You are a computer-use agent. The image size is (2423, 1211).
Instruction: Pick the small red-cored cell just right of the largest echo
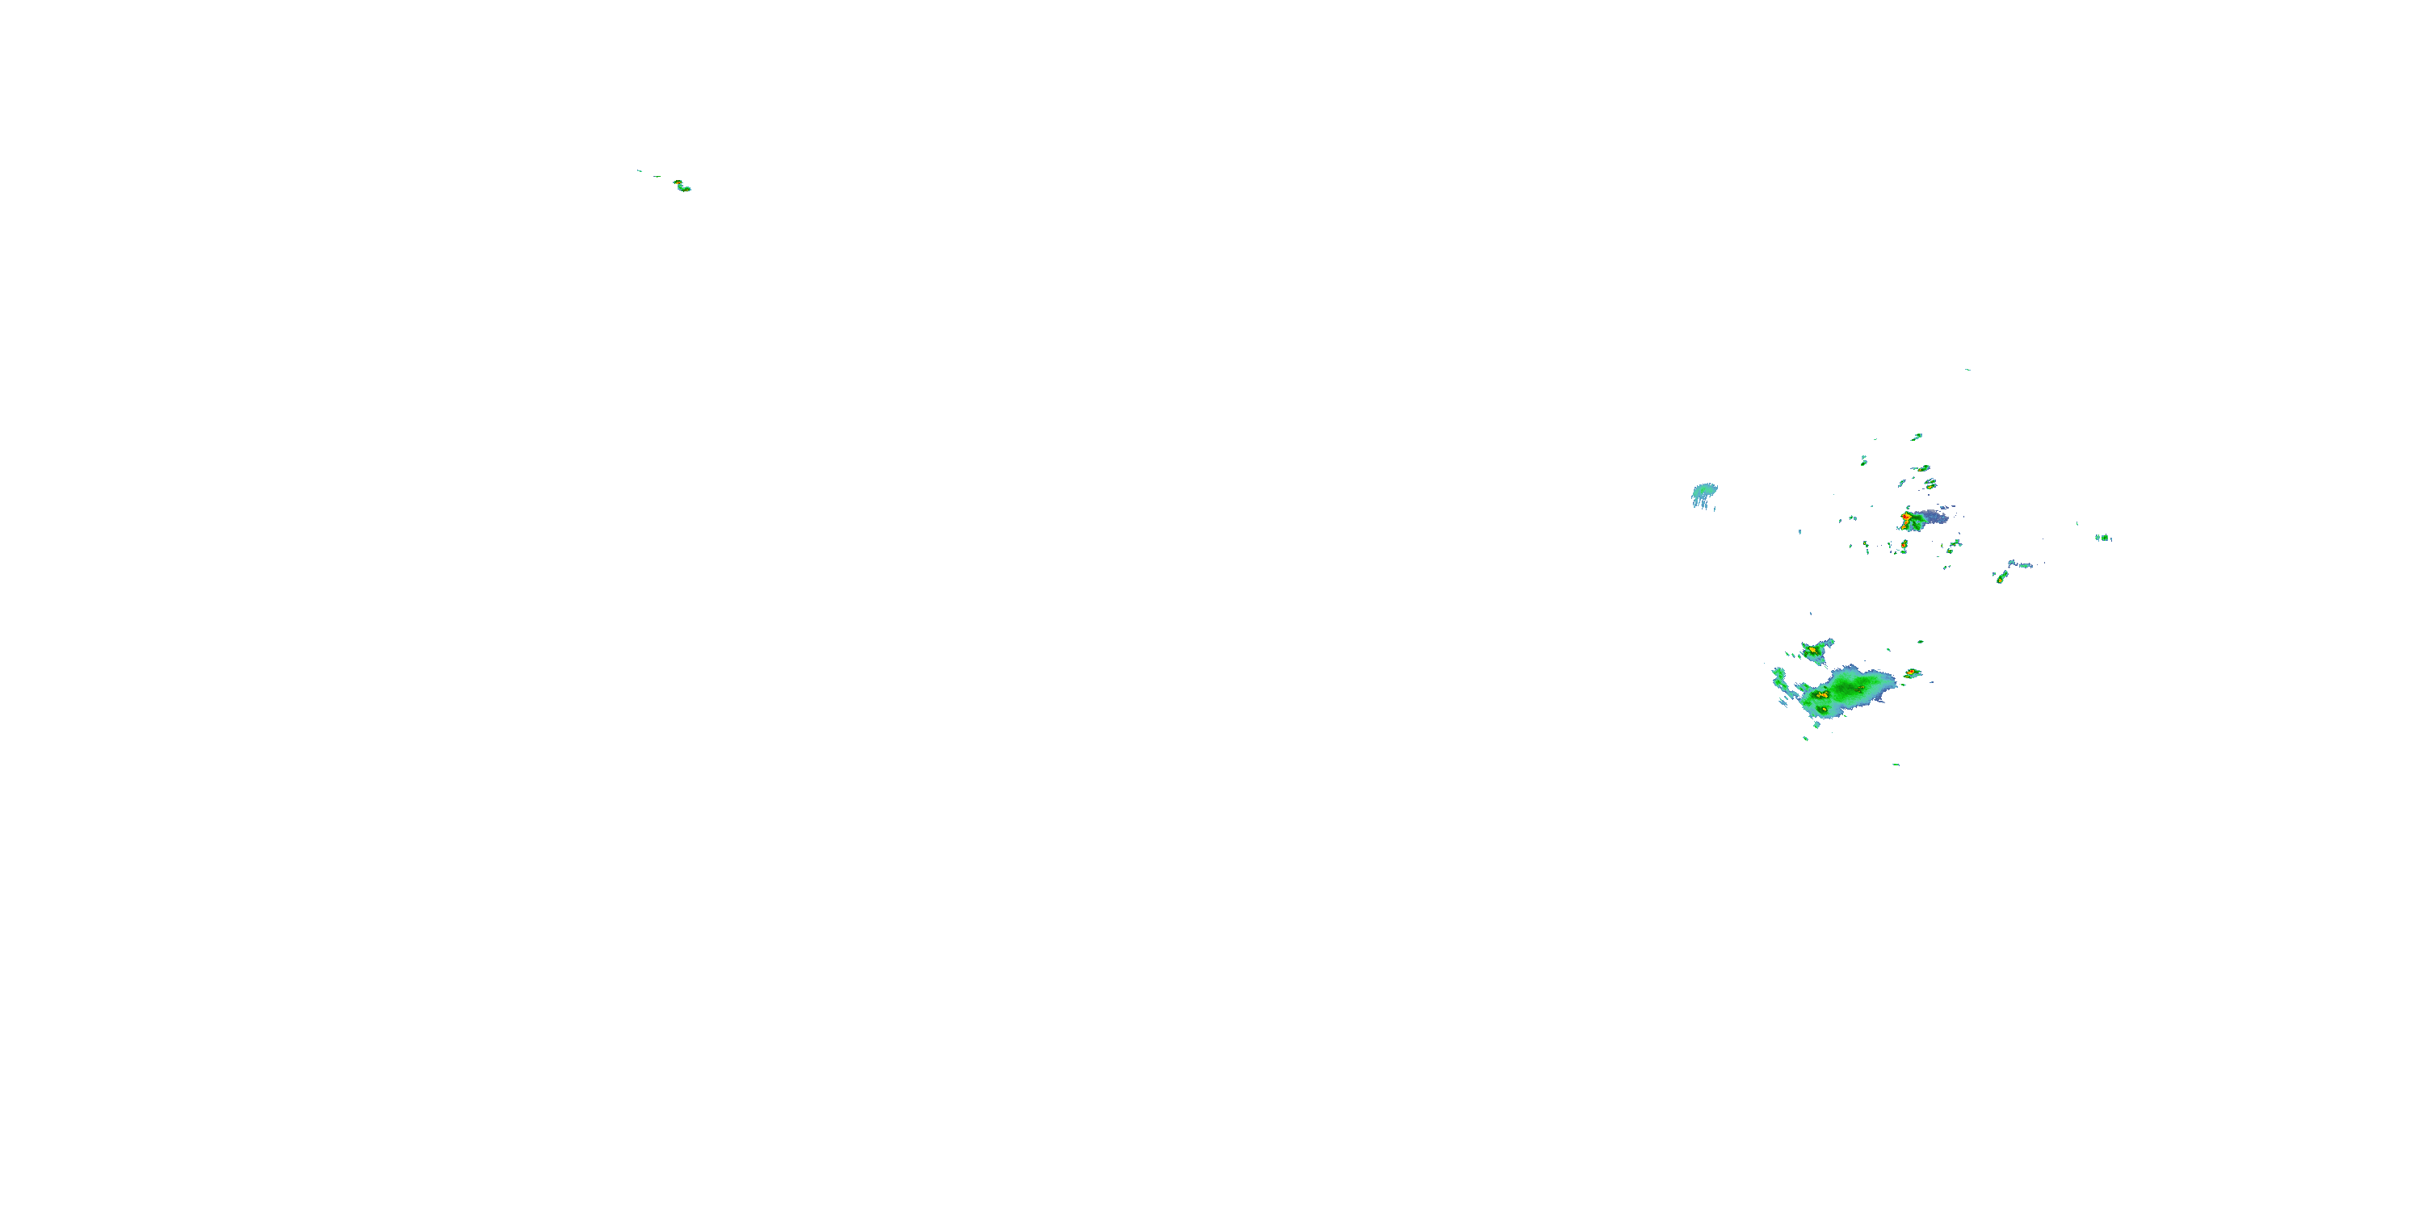coord(1911,673)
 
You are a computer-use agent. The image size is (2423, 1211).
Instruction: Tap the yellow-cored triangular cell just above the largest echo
coord(1812,649)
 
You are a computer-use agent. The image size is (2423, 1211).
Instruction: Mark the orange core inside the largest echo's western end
coord(1822,693)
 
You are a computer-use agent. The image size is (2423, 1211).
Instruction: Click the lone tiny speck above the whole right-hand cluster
coord(1967,370)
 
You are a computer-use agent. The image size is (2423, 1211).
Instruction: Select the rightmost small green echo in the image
coord(2103,538)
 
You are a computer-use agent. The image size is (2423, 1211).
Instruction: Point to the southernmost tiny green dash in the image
coord(1896,765)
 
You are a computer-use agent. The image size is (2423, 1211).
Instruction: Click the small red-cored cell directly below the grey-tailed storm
coord(1903,544)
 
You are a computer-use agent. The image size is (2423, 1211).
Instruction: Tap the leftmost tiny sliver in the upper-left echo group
coord(639,170)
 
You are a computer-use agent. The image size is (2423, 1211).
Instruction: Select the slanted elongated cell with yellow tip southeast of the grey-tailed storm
coord(2000,576)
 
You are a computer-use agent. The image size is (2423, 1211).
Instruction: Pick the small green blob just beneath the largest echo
coord(1816,724)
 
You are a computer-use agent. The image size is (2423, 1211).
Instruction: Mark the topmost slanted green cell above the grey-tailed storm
coord(1916,438)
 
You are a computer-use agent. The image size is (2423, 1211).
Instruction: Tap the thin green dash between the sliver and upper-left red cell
coord(657,176)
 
